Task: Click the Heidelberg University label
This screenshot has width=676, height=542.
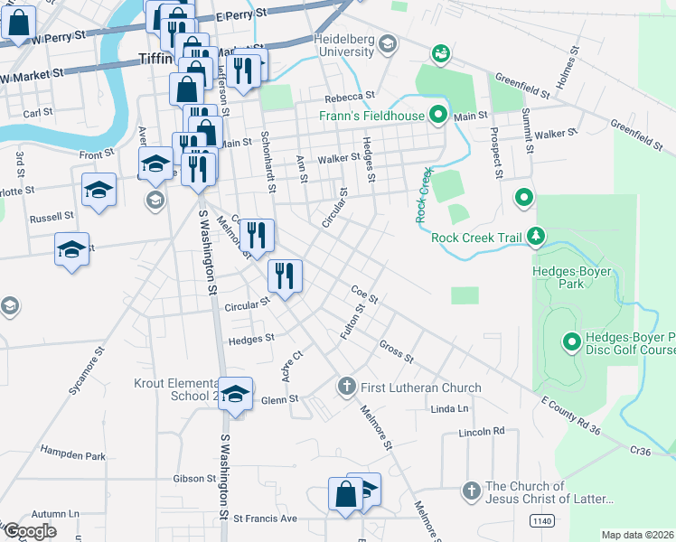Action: click(x=343, y=46)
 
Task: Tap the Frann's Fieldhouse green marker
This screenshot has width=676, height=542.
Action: click(x=439, y=115)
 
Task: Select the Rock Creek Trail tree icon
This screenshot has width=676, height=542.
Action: click(x=537, y=237)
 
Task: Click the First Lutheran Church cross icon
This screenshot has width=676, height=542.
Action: click(x=345, y=388)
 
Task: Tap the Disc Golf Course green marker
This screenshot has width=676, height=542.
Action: click(x=571, y=341)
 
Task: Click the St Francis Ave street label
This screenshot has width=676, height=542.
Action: click(x=265, y=519)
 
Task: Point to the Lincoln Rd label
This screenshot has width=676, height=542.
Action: click(x=481, y=432)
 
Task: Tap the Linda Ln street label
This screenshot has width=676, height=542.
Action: click(x=450, y=409)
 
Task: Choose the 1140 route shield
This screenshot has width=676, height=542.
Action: click(x=541, y=520)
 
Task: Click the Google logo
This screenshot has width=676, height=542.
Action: click(x=29, y=530)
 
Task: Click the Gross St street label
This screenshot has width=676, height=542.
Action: click(x=396, y=351)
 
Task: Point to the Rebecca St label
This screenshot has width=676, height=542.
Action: click(x=350, y=97)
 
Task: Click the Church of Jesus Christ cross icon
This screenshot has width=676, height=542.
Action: click(x=470, y=491)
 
